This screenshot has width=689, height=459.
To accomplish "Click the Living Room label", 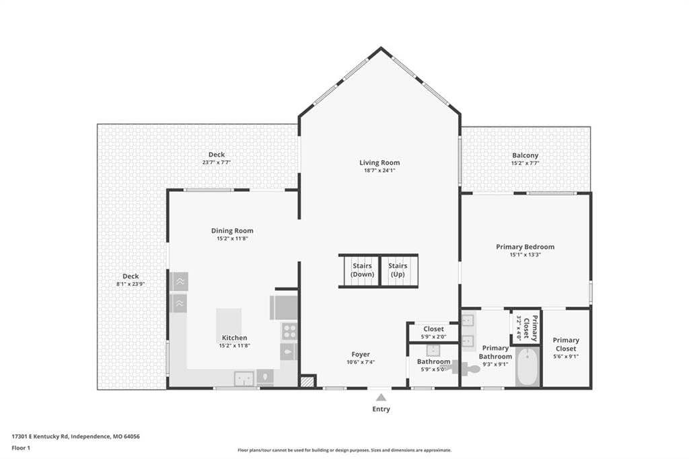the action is [x=379, y=163].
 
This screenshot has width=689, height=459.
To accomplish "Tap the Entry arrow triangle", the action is [x=381, y=398].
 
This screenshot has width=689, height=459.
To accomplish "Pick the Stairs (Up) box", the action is [x=398, y=271].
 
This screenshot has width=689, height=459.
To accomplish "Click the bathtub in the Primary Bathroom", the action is [x=528, y=367].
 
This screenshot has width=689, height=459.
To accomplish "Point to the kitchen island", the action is [x=229, y=325].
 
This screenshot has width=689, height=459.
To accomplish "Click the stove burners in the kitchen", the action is [x=289, y=331].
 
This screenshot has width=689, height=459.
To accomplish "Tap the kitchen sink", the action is [x=244, y=378].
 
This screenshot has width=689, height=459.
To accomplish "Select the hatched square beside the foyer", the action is [x=308, y=381].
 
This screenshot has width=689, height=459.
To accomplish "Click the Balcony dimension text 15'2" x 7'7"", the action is [x=525, y=163].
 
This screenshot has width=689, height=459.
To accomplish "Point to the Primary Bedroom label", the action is [x=525, y=247].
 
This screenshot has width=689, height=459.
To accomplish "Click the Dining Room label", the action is [x=232, y=231].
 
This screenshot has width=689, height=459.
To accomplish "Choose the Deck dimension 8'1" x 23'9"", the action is [x=131, y=284].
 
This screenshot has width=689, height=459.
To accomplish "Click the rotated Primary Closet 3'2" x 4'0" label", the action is [x=526, y=328].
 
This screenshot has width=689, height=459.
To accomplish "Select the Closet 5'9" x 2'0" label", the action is [x=434, y=332].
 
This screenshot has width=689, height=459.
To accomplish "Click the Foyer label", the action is [x=361, y=355].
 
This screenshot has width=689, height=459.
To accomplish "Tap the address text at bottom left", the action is [x=75, y=437].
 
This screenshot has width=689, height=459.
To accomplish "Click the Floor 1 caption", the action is [x=21, y=448].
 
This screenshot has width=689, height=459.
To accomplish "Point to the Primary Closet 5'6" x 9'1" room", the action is [x=566, y=348].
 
